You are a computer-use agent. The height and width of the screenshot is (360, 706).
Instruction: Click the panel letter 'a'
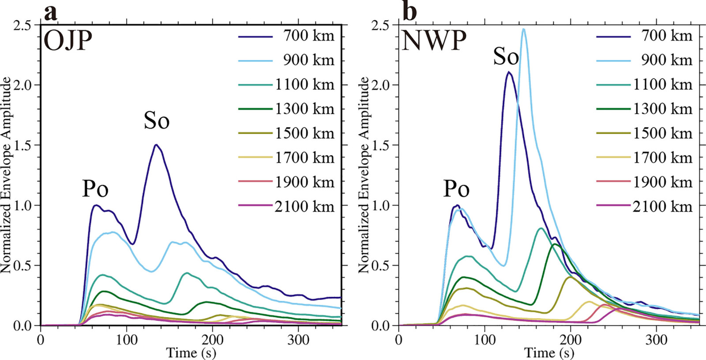(51, 14)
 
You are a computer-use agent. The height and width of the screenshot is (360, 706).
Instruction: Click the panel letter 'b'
(410, 11)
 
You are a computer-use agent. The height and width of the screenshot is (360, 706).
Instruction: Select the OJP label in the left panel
(68, 41)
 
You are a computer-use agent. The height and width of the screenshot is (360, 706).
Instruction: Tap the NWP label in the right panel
(434, 41)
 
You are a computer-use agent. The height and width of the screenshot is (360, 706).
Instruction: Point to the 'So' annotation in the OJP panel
(157, 120)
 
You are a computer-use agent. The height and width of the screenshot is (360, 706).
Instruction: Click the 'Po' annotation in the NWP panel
(456, 189)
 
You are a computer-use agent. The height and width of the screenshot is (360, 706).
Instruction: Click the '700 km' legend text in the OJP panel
(308, 36)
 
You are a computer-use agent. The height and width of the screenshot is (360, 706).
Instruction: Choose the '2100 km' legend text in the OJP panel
(304, 207)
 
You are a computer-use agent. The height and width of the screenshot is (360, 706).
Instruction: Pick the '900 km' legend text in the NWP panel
(667, 60)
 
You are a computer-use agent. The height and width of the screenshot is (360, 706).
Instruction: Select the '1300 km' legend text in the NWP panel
(663, 109)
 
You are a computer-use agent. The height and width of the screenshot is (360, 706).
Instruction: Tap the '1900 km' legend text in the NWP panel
(663, 182)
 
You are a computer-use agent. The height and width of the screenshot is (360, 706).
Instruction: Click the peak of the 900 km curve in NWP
(523, 29)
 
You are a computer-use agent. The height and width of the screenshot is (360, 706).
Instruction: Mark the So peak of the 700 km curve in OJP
(156, 145)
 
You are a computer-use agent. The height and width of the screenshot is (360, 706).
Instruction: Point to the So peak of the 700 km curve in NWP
(508, 72)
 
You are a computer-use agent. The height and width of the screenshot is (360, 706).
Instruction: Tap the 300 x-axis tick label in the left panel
(298, 340)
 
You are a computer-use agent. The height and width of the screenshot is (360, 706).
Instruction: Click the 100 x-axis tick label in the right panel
(485, 340)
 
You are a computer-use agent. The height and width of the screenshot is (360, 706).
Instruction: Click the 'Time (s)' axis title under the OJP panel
(191, 353)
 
